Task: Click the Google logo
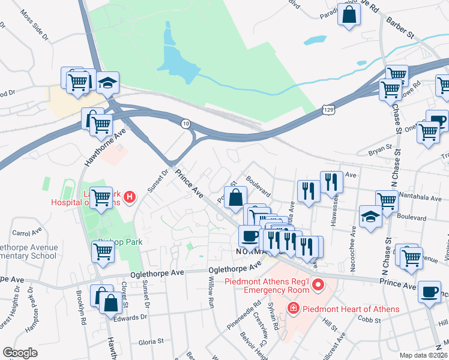(20, 353)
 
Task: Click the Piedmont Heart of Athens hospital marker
(294, 309)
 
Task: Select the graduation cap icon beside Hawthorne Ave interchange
(108, 84)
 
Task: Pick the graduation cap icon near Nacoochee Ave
(370, 217)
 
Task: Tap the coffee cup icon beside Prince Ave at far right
(429, 292)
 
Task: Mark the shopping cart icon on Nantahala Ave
(387, 202)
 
